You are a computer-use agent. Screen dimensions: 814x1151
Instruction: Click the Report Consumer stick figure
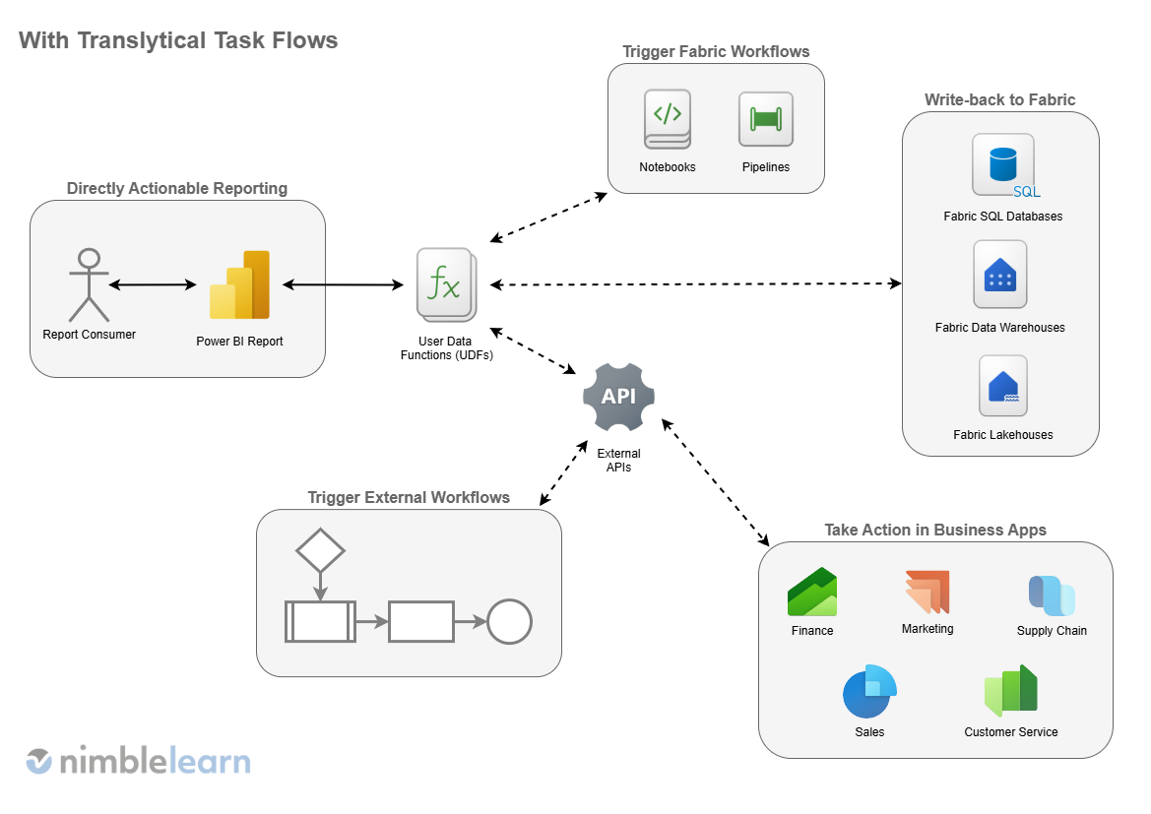(89, 284)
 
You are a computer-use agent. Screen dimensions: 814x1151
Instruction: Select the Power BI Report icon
(239, 285)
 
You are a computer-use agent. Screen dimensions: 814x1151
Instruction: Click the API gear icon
(618, 396)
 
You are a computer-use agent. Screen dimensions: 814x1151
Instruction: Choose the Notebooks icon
(668, 119)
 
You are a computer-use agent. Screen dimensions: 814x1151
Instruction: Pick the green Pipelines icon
(765, 119)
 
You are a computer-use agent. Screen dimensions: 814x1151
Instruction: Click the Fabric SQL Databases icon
(1003, 165)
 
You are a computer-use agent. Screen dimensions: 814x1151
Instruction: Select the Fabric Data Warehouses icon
(999, 275)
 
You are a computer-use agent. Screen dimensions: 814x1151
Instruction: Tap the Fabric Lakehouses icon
(1002, 386)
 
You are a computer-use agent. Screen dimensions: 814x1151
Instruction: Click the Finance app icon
(811, 593)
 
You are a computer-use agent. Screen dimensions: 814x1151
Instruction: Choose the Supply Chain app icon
(1052, 595)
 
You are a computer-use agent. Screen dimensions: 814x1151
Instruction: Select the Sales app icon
(869, 692)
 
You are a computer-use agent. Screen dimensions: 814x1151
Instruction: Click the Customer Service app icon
(1011, 691)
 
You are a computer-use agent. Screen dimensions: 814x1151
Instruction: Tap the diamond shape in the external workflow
(320, 550)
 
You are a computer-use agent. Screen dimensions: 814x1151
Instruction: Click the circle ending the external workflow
(509, 622)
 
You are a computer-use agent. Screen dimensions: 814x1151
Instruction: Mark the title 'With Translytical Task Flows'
(178, 40)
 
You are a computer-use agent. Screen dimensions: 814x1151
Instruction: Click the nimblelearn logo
(138, 761)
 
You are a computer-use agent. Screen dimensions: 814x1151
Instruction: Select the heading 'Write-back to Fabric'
(999, 99)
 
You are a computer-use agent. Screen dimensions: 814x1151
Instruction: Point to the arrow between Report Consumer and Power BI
(153, 285)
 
